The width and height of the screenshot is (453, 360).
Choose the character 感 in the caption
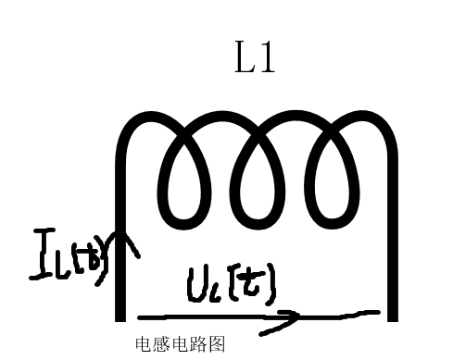point(159,344)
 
